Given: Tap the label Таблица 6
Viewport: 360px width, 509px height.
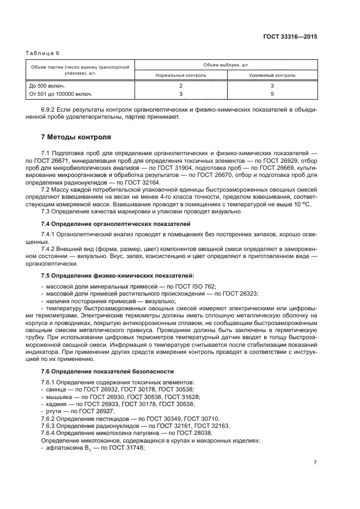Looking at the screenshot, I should (43, 53).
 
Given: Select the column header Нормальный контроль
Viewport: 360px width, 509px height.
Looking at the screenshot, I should (181, 75).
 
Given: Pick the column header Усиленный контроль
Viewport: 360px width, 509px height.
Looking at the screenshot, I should (272, 75).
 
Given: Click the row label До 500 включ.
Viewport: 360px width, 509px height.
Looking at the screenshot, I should (47, 86).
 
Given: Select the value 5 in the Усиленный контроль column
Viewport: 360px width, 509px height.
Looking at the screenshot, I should (272, 94).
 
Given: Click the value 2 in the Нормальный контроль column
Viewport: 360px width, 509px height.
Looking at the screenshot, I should (181, 86).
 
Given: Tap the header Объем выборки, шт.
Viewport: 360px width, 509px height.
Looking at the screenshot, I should (226, 64).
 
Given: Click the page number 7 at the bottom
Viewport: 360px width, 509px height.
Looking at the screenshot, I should (315, 477).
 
